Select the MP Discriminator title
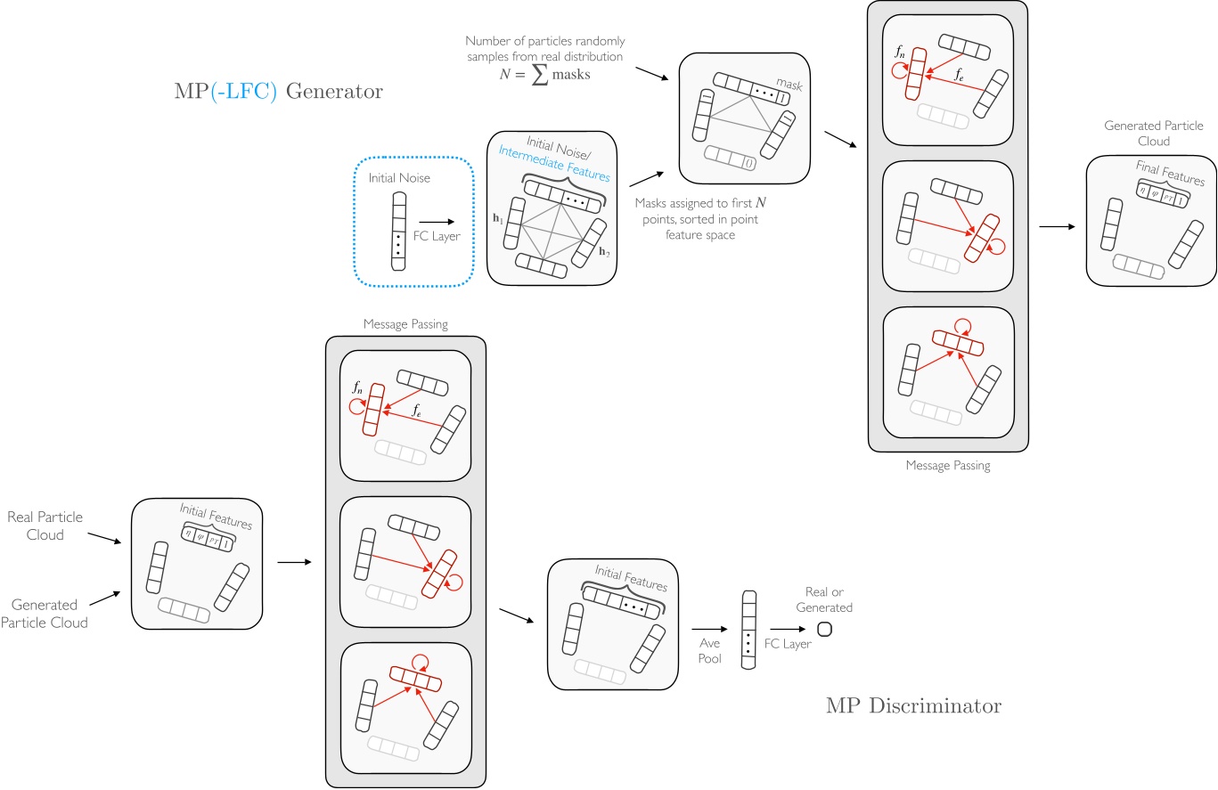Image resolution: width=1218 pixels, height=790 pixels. tap(912, 705)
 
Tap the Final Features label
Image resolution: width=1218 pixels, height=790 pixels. tap(1169, 173)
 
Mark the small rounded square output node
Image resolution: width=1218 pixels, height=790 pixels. tap(823, 630)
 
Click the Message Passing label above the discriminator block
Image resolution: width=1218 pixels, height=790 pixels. tap(405, 326)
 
